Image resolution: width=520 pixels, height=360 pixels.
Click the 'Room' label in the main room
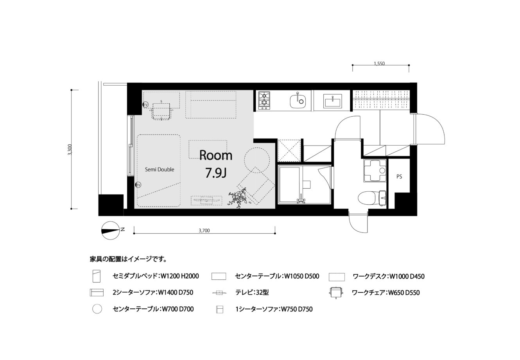[x=216, y=155]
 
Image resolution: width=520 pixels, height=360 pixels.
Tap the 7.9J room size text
[x=216, y=173]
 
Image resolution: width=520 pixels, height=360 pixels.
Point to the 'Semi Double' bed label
[x=160, y=169]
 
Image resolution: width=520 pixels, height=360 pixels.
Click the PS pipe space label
[x=399, y=176]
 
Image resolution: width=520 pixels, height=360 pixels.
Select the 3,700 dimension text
[x=204, y=230]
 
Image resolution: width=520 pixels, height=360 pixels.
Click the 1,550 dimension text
[x=379, y=63]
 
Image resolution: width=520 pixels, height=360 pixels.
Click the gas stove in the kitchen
[x=264, y=100]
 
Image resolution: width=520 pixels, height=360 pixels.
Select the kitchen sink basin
[x=298, y=100]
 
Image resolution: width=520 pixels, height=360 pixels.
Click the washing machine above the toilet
[x=375, y=171]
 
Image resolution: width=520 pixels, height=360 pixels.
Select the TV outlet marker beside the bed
[x=138, y=185]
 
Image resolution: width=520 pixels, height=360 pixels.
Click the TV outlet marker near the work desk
[x=145, y=105]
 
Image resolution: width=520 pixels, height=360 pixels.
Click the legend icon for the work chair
[x=336, y=292]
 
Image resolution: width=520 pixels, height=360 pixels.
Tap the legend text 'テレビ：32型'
[x=252, y=292]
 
